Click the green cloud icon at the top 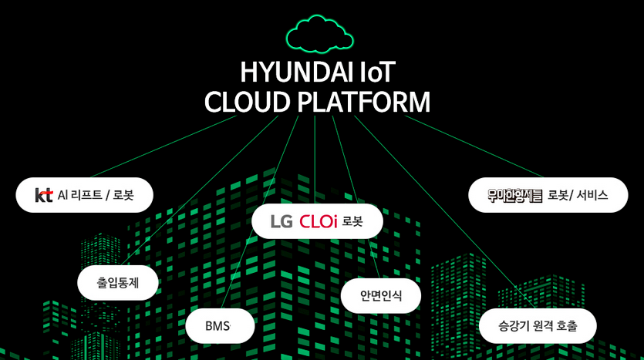click(x=319, y=35)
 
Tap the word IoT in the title click(x=377, y=72)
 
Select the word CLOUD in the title click(x=249, y=103)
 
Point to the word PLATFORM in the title click(x=364, y=103)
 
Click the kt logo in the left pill click(x=44, y=195)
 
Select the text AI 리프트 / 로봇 click(x=96, y=195)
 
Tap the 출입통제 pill click(x=117, y=282)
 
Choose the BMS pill click(x=219, y=325)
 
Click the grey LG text click(x=282, y=221)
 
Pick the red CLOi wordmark click(x=319, y=221)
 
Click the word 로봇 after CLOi click(x=352, y=221)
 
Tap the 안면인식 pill click(x=380, y=295)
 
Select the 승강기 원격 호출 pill click(x=538, y=325)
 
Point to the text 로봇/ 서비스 click(x=578, y=195)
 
